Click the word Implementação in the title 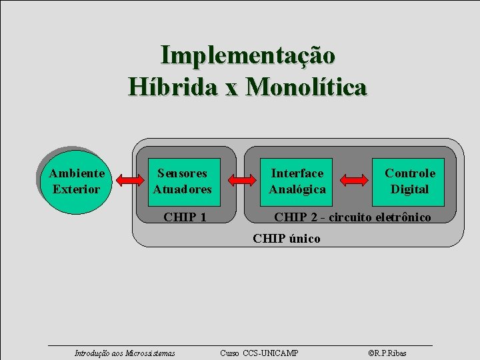pyautogui.click(x=248, y=55)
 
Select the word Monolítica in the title pyautogui.click(x=306, y=87)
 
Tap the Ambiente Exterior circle pyautogui.click(x=76, y=181)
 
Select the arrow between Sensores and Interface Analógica pyautogui.click(x=242, y=180)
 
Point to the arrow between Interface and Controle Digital pyautogui.click(x=354, y=180)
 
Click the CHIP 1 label pyautogui.click(x=185, y=217)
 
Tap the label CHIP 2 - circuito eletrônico pyautogui.click(x=353, y=217)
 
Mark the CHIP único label pyautogui.click(x=287, y=238)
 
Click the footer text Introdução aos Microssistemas pyautogui.click(x=125, y=353)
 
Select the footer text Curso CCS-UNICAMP pyautogui.click(x=259, y=353)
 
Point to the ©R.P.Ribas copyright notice pyautogui.click(x=387, y=353)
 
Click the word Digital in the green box pyautogui.click(x=409, y=189)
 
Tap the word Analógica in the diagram pyautogui.click(x=297, y=189)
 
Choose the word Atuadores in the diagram pyautogui.click(x=182, y=189)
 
